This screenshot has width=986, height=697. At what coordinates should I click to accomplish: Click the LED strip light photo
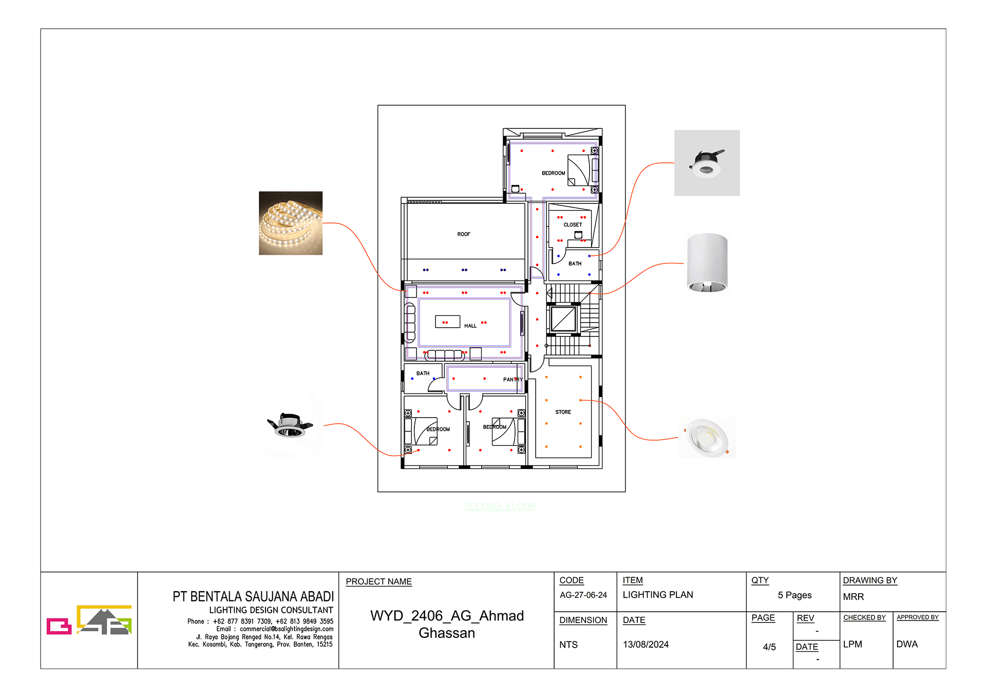tap(290, 223)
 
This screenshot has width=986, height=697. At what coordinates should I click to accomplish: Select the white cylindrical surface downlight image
tap(707, 263)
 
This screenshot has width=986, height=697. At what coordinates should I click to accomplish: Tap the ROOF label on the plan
tap(463, 234)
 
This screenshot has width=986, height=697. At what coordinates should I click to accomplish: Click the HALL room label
tap(470, 326)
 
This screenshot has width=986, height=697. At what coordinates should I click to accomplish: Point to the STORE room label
tap(563, 412)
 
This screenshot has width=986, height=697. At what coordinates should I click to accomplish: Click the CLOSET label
tap(573, 225)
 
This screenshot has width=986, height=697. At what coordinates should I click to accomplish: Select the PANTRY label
tap(513, 380)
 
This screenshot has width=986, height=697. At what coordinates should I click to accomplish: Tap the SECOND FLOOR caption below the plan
tap(499, 506)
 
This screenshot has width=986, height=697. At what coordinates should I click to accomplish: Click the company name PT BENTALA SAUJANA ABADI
tap(253, 596)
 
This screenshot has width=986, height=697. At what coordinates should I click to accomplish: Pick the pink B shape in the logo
tap(59, 626)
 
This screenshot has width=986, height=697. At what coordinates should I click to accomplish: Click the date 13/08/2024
tap(646, 645)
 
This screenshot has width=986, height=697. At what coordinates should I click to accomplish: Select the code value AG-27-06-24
tap(583, 595)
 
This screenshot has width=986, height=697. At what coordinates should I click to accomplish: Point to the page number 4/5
tap(769, 647)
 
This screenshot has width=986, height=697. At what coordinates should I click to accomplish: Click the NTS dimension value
tap(568, 645)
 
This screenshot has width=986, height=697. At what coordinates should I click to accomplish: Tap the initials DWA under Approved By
tap(906, 644)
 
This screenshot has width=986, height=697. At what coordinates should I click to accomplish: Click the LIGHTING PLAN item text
tap(657, 595)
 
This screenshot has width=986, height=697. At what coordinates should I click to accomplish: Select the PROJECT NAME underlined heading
tap(378, 581)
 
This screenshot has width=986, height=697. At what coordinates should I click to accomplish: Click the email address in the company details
tap(286, 629)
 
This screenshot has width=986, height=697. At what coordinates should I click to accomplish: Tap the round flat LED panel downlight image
tap(708, 437)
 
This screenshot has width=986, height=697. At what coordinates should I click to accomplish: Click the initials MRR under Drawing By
tap(853, 597)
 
